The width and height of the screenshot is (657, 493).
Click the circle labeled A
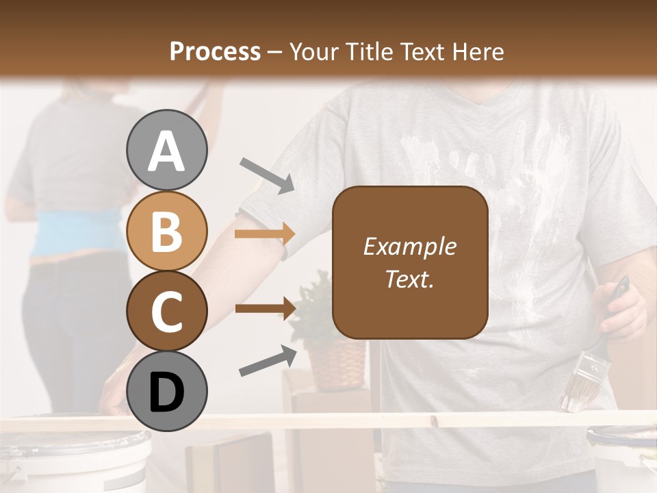167,150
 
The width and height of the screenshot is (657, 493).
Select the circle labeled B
167,231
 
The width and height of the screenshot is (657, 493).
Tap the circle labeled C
167,311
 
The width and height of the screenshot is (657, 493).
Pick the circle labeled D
167,391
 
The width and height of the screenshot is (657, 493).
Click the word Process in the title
215,51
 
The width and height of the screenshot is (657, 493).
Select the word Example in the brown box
409,246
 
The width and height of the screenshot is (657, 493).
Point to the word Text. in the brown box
409,279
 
